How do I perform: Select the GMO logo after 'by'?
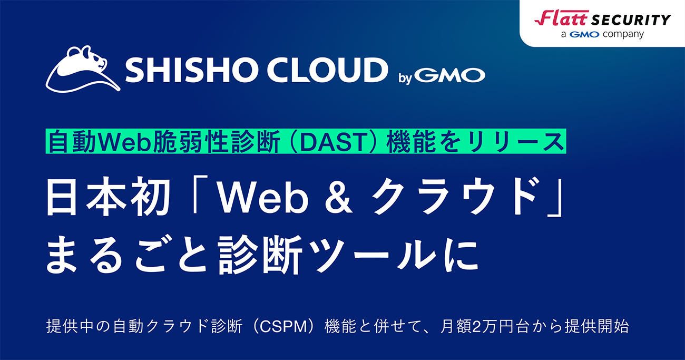449,76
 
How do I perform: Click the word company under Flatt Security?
625,34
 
